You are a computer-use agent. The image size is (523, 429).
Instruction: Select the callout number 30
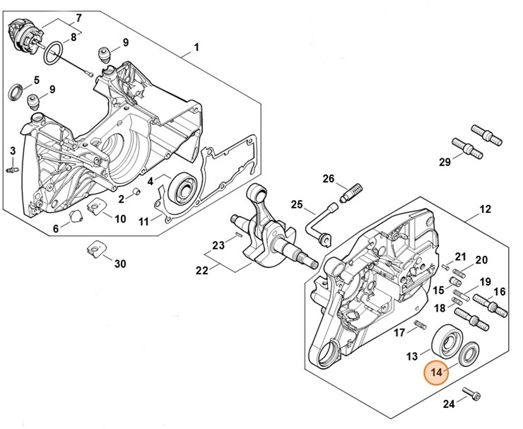(x=120, y=264)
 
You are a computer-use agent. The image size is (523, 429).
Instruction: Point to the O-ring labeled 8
(x=54, y=52)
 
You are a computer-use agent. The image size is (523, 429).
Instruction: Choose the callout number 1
(x=196, y=47)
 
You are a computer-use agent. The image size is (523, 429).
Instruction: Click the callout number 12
(x=486, y=209)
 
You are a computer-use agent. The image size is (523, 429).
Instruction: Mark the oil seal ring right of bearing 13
(x=469, y=353)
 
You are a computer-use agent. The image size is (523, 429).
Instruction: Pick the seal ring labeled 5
(x=14, y=92)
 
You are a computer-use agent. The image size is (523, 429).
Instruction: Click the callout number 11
(x=143, y=221)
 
